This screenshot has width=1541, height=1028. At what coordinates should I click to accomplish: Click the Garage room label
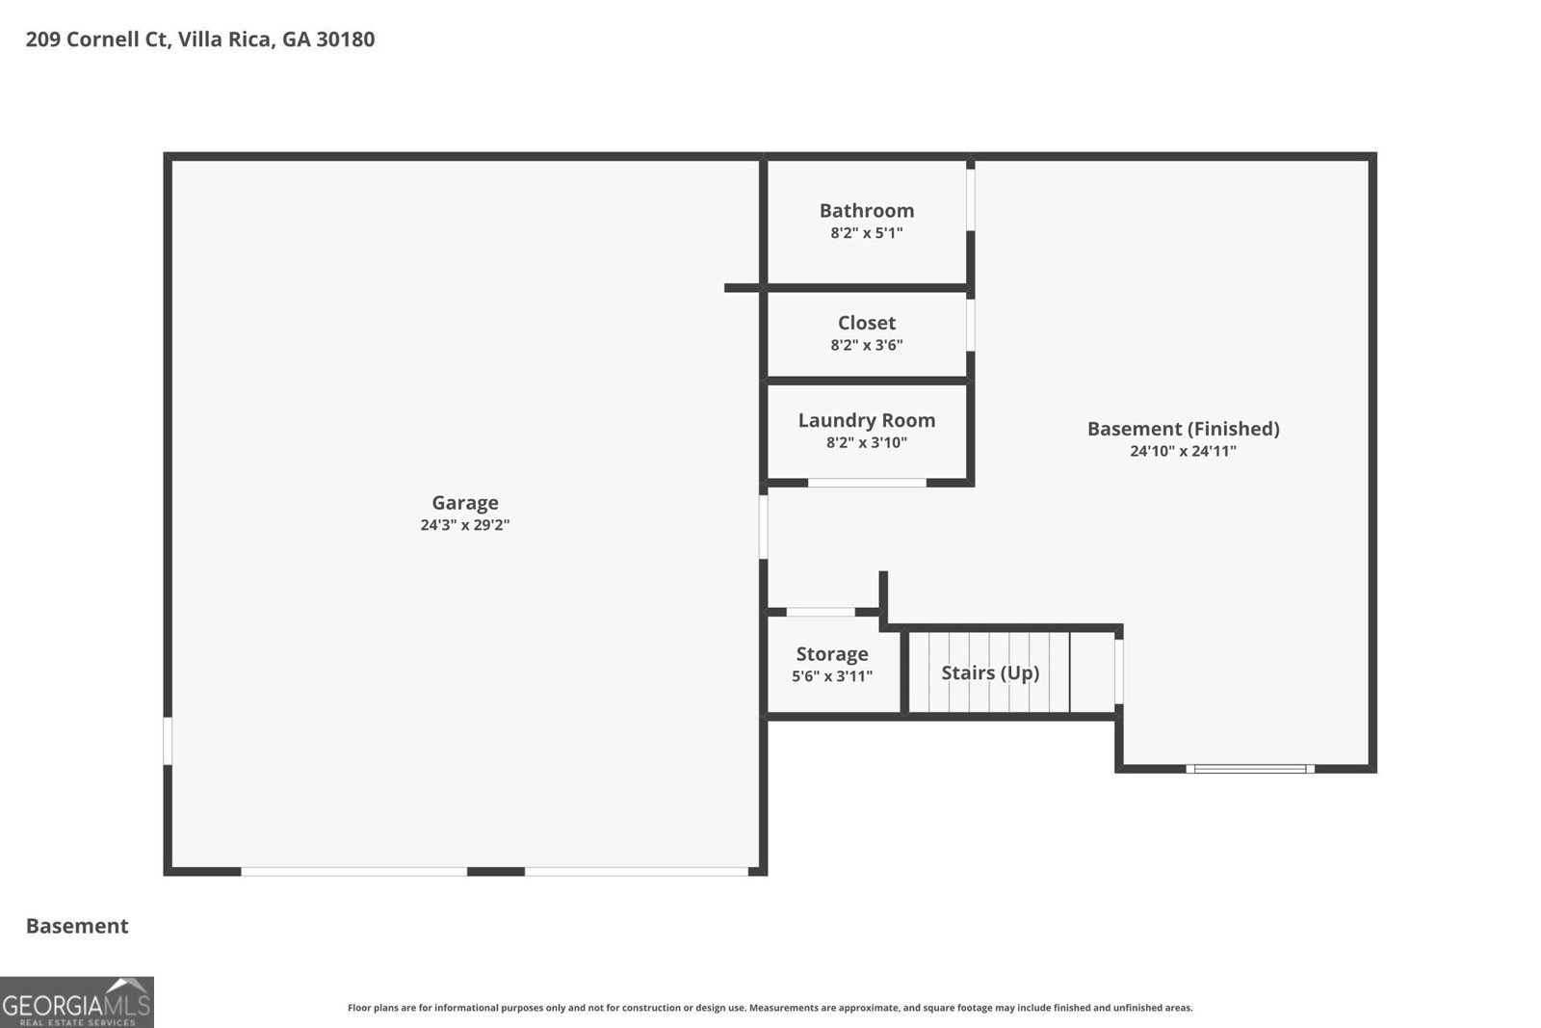464,502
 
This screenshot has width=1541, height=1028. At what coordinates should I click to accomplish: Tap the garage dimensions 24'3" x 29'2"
464,525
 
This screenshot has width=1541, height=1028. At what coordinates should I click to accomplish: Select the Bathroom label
866,210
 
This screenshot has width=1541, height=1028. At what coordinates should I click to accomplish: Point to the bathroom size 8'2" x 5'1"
866,233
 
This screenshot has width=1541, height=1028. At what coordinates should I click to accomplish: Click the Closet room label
866,323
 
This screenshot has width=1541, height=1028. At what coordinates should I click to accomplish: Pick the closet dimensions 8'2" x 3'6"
866,345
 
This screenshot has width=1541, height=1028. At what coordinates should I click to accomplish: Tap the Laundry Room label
866,420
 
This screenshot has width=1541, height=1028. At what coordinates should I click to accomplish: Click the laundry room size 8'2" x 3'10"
866,443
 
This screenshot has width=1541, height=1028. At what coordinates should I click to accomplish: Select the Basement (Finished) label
1183,429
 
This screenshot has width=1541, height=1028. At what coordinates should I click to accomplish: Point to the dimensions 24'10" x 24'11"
1183,451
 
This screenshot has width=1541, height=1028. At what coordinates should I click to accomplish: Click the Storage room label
832,654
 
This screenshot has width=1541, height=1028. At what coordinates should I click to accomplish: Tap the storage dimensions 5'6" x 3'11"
832,676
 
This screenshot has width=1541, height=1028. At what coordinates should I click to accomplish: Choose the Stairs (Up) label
990,672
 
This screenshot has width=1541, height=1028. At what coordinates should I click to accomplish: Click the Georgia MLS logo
77,1002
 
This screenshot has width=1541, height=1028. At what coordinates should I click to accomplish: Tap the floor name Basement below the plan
77,926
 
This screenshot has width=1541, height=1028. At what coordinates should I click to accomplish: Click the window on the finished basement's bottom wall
1250,769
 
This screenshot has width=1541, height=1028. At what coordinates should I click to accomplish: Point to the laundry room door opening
867,482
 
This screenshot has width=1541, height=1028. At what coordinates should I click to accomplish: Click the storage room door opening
821,612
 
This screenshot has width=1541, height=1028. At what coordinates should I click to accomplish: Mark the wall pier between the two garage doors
496,871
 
